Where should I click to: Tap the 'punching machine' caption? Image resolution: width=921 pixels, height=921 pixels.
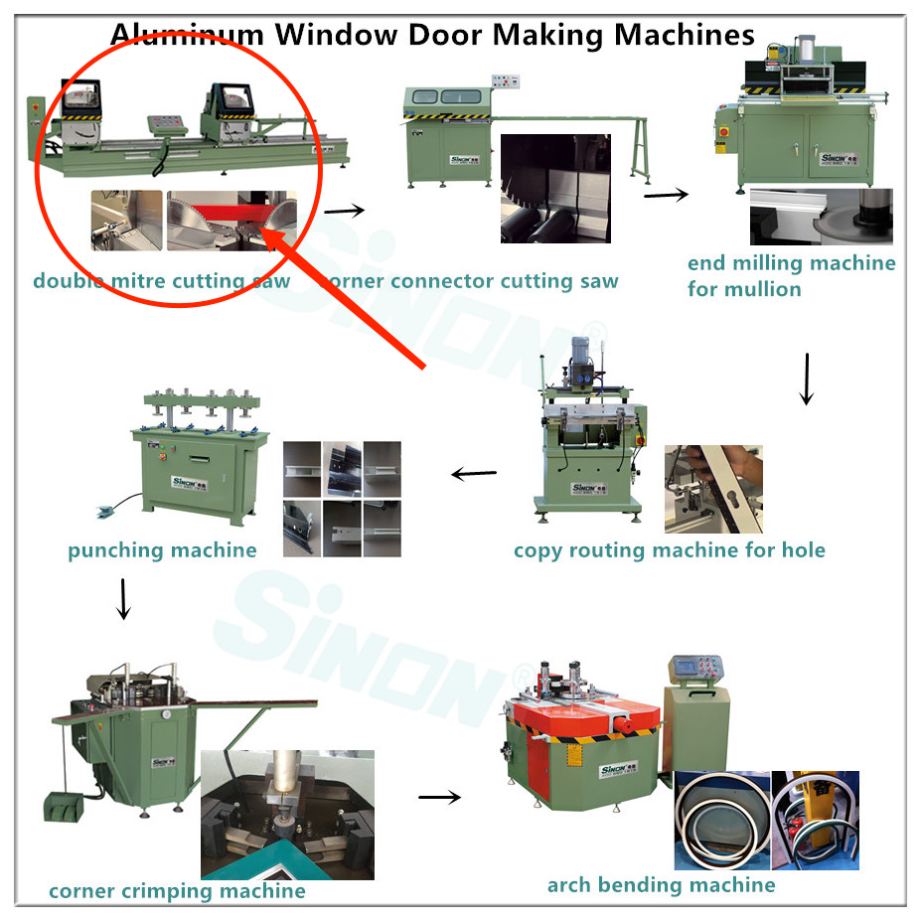(162, 550)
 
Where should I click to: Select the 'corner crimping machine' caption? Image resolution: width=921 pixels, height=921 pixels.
(177, 891)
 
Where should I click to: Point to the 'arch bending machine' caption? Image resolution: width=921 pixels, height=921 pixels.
(661, 884)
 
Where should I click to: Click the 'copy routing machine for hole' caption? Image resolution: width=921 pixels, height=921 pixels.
(669, 550)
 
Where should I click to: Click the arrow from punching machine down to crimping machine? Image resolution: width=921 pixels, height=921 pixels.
(123, 598)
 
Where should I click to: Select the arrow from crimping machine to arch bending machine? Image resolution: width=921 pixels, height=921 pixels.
(440, 796)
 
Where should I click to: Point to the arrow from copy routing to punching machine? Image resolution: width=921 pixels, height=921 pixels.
(474, 474)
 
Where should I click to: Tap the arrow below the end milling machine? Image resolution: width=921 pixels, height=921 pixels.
(807, 379)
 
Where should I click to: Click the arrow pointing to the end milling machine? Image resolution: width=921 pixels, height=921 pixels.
(666, 194)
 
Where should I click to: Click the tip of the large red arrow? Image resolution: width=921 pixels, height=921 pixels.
(266, 231)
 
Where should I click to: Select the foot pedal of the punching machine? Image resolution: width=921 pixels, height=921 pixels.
(106, 513)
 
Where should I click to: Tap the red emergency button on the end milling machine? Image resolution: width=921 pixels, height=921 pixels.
(722, 131)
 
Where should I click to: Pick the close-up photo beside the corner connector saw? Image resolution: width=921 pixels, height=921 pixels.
(555, 189)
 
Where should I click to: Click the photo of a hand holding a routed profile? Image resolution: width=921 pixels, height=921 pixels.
(712, 489)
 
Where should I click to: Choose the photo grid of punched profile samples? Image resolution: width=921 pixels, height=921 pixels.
(342, 499)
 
